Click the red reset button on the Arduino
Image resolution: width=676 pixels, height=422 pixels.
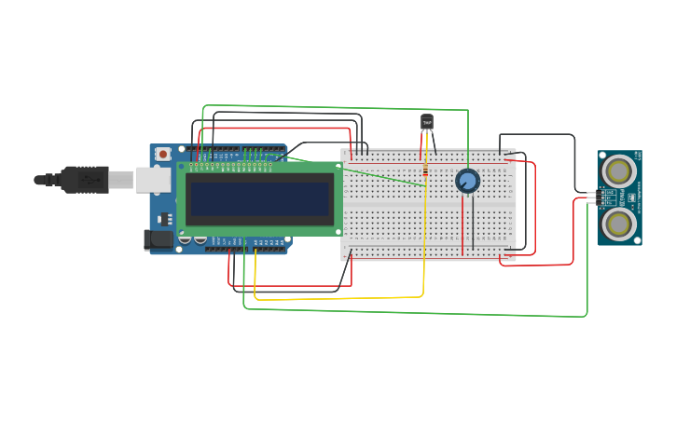click(163, 154)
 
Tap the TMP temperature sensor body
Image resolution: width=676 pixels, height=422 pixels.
click(427, 122)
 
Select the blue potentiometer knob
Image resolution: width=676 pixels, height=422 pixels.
click(467, 180)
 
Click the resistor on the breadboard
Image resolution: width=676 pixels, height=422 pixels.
click(425, 170)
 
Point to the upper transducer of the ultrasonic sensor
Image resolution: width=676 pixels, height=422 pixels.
click(618, 170)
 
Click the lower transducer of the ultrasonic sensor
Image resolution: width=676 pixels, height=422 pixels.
click(618, 223)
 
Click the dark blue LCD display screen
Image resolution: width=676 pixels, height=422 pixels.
click(258, 198)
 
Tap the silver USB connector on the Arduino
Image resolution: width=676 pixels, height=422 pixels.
click(152, 179)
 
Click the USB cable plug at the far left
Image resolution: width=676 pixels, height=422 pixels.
click(84, 179)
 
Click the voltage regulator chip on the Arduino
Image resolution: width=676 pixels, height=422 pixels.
click(166, 219)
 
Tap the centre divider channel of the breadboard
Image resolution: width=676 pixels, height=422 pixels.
click(429, 205)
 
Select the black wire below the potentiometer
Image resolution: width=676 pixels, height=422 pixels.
click(473, 228)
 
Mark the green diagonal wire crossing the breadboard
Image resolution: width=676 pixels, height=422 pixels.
click(382, 174)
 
